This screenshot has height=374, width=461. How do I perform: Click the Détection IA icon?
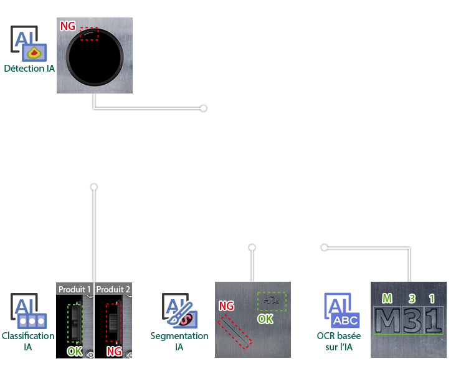pyautogui.click(x=29, y=44)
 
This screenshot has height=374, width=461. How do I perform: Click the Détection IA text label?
pyautogui.click(x=29, y=69)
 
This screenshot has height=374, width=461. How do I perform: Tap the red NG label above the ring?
pyautogui.click(x=67, y=26)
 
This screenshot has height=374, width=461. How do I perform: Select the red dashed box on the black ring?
pyautogui.click(x=89, y=34)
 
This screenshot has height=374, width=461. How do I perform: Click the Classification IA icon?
pyautogui.click(x=29, y=312)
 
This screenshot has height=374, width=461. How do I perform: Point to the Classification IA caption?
pyautogui.click(x=28, y=341)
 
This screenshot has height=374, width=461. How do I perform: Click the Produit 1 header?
pyautogui.click(x=75, y=289)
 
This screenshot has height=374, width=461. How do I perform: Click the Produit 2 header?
pyautogui.click(x=113, y=289)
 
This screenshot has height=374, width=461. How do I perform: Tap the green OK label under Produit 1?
pyautogui.click(x=75, y=351)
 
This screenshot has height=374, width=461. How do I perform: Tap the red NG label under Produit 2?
pyautogui.click(x=114, y=351)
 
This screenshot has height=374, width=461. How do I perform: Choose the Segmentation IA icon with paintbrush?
pyautogui.click(x=180, y=311)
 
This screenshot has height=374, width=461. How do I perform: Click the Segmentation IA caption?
pyautogui.click(x=179, y=341)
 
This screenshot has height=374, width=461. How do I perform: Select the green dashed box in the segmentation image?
pyautogui.click(x=272, y=301)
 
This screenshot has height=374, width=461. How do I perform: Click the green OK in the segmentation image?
pyautogui.click(x=265, y=319)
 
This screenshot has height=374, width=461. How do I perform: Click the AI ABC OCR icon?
pyautogui.click(x=341, y=310)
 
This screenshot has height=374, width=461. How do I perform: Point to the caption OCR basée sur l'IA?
pyautogui.click(x=339, y=341)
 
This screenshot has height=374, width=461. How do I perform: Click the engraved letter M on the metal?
pyautogui.click(x=387, y=320)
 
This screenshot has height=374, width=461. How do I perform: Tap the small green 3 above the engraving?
pyautogui.click(x=412, y=299)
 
